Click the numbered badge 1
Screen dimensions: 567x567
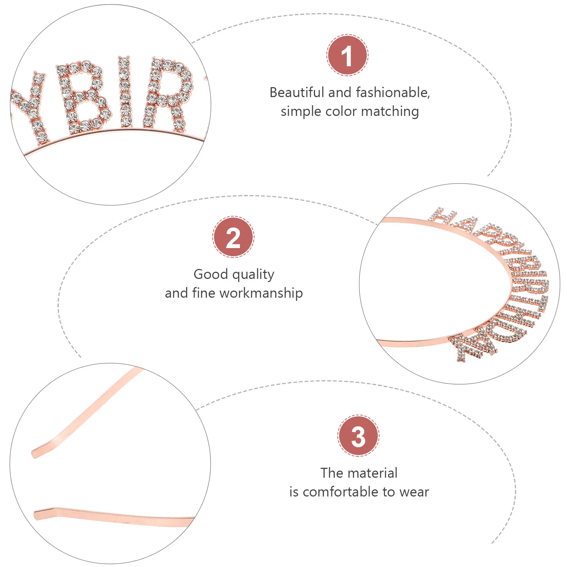tap(347, 55)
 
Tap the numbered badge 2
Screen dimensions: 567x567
tap(233, 237)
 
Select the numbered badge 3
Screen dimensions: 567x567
tap(358, 436)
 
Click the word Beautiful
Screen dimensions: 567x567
tap(297, 92)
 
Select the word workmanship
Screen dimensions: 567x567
tap(261, 293)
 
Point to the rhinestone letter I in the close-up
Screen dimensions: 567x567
tap(124, 92)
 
